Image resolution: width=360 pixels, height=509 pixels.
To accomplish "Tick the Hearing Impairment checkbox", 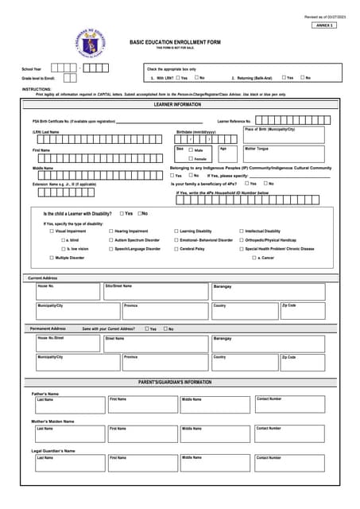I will pyautogui.click(x=110, y=231).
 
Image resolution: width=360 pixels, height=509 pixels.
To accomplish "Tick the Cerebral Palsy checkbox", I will pyautogui.click(x=176, y=249).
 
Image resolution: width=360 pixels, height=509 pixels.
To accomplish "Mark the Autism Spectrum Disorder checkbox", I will pyautogui.click(x=110, y=239).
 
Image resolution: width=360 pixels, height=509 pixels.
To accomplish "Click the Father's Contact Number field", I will pyautogui.click(x=289, y=405).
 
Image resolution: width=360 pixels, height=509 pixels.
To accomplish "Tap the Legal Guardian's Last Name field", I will pyautogui.click(x=68, y=464).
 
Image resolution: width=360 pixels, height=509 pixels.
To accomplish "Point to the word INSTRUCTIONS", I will pyautogui.click(x=37, y=89).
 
